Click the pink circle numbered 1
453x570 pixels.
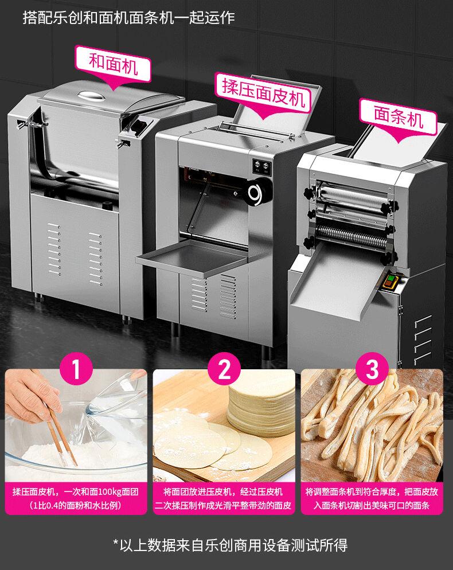tap(76, 369)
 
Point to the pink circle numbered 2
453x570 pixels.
tap(224, 369)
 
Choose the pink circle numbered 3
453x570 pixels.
tap(372, 369)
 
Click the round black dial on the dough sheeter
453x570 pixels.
tap(258, 191)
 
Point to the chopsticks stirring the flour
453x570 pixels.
tap(63, 435)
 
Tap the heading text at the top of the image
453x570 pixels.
tap(129, 17)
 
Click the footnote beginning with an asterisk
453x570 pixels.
tap(230, 545)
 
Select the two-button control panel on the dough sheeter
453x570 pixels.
tap(262, 166)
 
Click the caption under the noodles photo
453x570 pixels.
tap(372, 498)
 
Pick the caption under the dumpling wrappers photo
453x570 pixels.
tap(223, 498)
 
